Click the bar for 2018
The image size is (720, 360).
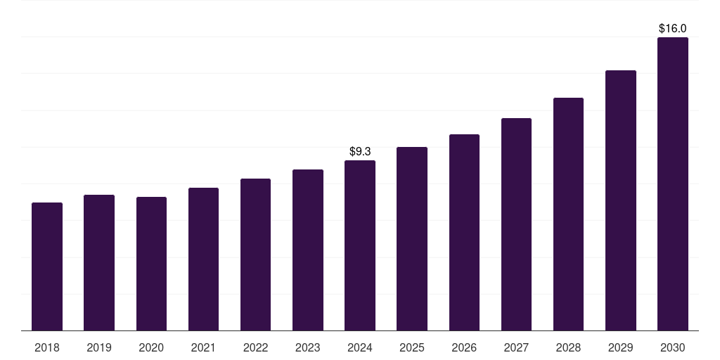(x=47, y=266)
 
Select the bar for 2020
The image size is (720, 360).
(x=151, y=264)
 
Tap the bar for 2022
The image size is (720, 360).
(x=255, y=255)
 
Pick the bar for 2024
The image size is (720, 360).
(x=360, y=245)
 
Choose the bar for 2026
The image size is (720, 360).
(x=464, y=232)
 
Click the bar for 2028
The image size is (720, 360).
(x=568, y=214)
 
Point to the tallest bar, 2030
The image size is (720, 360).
(x=672, y=184)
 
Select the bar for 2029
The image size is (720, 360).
(x=620, y=200)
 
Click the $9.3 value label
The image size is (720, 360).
(x=360, y=151)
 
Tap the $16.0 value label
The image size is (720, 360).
(x=672, y=29)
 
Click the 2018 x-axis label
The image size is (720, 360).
(x=47, y=347)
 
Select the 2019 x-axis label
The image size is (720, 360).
(x=99, y=347)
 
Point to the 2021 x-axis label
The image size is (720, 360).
(x=203, y=347)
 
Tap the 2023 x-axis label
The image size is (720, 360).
(x=308, y=347)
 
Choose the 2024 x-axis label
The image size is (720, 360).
(x=360, y=347)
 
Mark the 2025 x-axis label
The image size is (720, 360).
(x=412, y=347)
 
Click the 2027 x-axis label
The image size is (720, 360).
(x=516, y=347)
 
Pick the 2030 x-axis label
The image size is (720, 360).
(x=672, y=347)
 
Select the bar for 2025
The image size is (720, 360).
(x=412, y=238)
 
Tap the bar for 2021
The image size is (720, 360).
(x=203, y=259)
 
